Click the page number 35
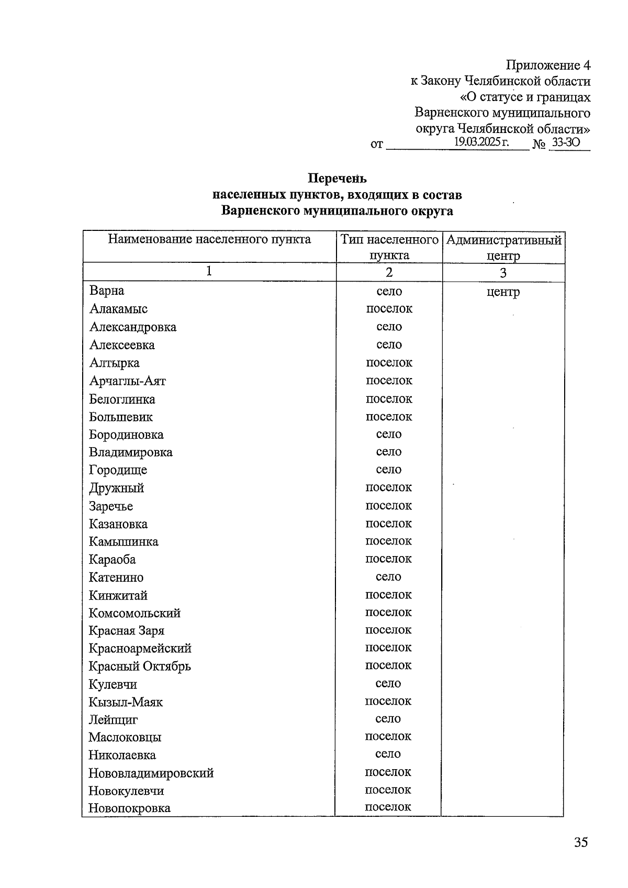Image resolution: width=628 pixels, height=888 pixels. pyautogui.click(x=581, y=842)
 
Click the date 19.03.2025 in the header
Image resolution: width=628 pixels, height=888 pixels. pyautogui.click(x=481, y=142)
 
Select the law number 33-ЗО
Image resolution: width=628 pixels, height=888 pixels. pyautogui.click(x=566, y=142)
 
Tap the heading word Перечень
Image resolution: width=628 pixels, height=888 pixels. pyautogui.click(x=337, y=179)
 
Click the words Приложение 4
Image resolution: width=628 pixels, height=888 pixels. pyautogui.click(x=548, y=65)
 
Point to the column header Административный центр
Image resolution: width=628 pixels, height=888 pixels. pyautogui.click(x=503, y=248)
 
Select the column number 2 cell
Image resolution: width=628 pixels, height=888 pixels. pyautogui.click(x=389, y=272)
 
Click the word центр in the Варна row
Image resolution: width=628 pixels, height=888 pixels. pyautogui.click(x=503, y=292)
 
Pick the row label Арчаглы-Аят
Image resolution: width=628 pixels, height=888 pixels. pyautogui.click(x=127, y=381)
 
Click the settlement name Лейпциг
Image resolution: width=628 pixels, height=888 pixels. pyautogui.click(x=113, y=719)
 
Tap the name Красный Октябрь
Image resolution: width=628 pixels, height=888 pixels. pyautogui.click(x=140, y=666)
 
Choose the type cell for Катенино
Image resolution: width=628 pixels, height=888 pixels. pyautogui.click(x=388, y=577)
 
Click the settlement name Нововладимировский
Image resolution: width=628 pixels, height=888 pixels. pyautogui.click(x=151, y=773)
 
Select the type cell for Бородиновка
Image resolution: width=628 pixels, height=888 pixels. pyautogui.click(x=389, y=434)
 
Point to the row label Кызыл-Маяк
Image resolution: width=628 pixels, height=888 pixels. pyautogui.click(x=126, y=702)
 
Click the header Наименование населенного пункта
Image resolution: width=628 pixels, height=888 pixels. pyautogui.click(x=209, y=240)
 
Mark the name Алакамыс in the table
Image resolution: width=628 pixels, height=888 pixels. pyautogui.click(x=118, y=309)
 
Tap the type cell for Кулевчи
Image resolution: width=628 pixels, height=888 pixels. pyautogui.click(x=388, y=683)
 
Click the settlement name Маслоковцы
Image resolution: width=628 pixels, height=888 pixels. pyautogui.click(x=125, y=737)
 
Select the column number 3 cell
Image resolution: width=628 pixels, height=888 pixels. pyautogui.click(x=503, y=272)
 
